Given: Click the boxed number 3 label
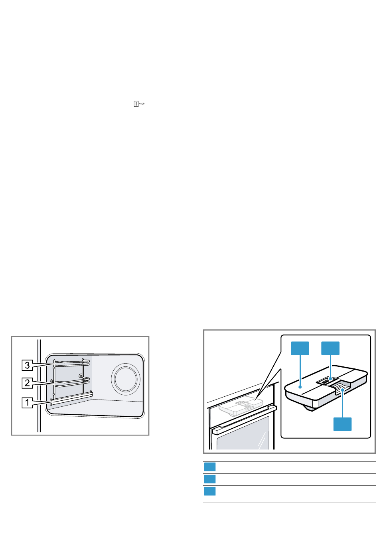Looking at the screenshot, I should pyautogui.click(x=27, y=365).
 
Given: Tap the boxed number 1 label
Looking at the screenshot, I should pyautogui.click(x=27, y=402).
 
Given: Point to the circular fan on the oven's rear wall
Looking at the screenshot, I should pyautogui.click(x=126, y=378).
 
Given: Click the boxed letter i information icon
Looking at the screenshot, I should pyautogui.click(x=136, y=104).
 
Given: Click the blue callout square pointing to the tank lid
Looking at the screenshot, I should pyautogui.click(x=300, y=348).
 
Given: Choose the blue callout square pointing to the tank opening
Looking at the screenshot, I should pyautogui.click(x=330, y=348).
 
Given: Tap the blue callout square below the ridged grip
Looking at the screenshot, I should pyautogui.click(x=342, y=424).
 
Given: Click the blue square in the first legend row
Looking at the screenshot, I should pyautogui.click(x=210, y=467).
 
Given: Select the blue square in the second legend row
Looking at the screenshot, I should pyautogui.click(x=210, y=479).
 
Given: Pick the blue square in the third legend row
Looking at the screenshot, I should pyautogui.click(x=210, y=491).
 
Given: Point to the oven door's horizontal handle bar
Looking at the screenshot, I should pyautogui.click(x=243, y=419).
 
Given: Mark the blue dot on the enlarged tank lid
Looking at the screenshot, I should pyautogui.click(x=299, y=387).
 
